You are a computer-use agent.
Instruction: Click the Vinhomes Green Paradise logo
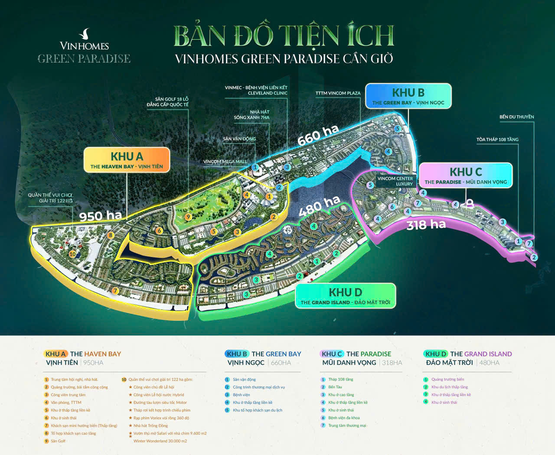(x=84, y=47)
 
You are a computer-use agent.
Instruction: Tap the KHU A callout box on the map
(x=127, y=160)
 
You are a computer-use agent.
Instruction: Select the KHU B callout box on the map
(x=408, y=97)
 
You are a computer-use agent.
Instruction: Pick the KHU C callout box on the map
(x=466, y=175)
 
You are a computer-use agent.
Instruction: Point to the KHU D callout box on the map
(x=345, y=296)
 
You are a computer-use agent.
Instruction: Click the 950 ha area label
(x=101, y=215)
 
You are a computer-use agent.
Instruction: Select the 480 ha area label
(x=319, y=205)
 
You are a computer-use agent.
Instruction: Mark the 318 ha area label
(x=426, y=224)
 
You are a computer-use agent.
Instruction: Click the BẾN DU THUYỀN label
(x=516, y=117)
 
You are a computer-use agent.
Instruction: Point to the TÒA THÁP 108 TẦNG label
(x=497, y=140)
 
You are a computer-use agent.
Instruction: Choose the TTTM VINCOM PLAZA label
(x=338, y=93)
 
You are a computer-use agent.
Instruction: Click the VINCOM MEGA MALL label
(x=225, y=162)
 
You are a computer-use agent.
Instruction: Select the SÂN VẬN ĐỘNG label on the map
(x=239, y=139)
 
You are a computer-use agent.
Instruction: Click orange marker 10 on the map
(x=72, y=254)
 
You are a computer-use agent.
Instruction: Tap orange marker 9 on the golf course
(x=188, y=217)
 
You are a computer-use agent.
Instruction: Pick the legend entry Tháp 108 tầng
(x=340, y=380)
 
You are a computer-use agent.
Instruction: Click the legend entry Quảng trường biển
(x=447, y=380)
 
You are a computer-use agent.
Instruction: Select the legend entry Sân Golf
(x=58, y=441)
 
